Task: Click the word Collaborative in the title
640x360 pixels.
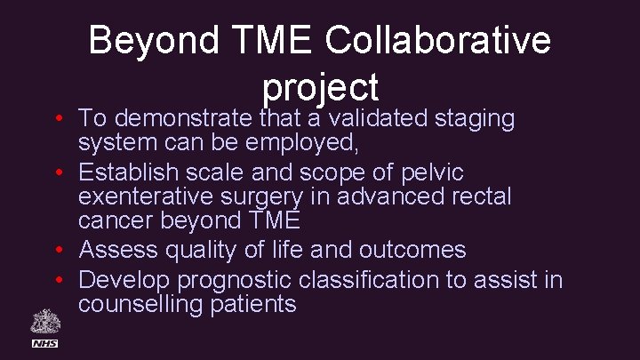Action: click(438, 41)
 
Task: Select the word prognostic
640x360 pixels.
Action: click(236, 281)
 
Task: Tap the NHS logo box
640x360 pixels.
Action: click(44, 342)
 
